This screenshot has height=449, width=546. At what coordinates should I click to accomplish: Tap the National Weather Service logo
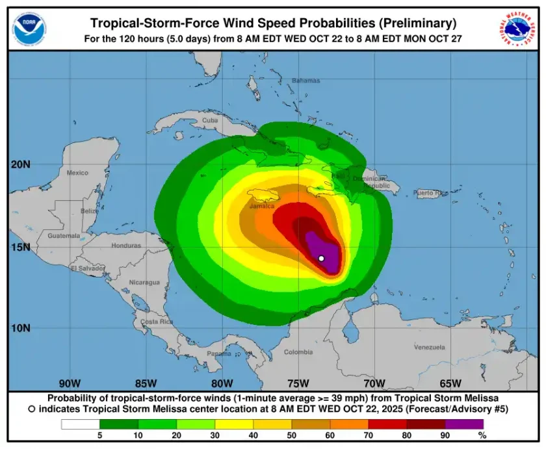(518, 28)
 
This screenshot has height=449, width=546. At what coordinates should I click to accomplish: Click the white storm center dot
(321, 259)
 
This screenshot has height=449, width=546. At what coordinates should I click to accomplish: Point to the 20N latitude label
(20, 164)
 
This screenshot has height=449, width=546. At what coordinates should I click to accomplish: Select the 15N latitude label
(20, 247)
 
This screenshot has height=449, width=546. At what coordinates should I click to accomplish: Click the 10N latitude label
(20, 327)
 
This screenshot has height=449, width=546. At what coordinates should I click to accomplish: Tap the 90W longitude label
(70, 383)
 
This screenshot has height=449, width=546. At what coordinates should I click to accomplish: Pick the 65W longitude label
(450, 383)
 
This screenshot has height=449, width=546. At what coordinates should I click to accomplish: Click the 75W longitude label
(298, 383)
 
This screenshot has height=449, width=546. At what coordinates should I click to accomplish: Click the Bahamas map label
(305, 81)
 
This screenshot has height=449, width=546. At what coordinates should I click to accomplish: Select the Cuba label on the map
(210, 120)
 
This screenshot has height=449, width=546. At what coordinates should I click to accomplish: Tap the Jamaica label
(262, 206)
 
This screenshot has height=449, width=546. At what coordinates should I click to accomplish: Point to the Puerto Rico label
(430, 193)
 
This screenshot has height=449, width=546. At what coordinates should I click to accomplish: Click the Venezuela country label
(429, 347)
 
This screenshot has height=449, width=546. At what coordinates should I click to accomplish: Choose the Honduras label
(126, 246)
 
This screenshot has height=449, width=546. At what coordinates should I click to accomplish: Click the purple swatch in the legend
(464, 424)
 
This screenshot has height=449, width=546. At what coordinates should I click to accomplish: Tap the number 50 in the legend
(291, 435)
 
